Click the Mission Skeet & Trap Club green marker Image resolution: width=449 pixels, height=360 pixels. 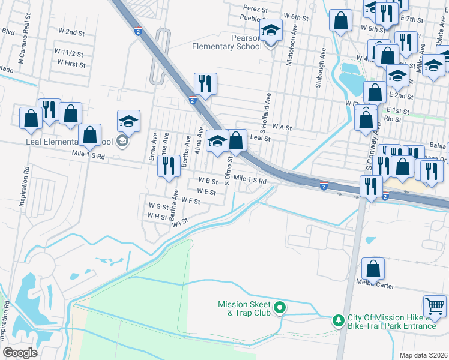279,309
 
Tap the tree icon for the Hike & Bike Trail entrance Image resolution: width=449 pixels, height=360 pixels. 339,320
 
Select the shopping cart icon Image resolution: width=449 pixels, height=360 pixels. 435,306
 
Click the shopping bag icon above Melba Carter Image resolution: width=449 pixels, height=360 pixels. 373,269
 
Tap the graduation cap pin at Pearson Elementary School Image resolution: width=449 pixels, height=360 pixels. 271,30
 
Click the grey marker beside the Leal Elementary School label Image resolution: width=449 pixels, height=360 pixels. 122,142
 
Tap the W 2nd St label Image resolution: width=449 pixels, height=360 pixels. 71,31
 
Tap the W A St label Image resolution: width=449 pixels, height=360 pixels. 281,127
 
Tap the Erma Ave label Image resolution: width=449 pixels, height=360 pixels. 152,147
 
